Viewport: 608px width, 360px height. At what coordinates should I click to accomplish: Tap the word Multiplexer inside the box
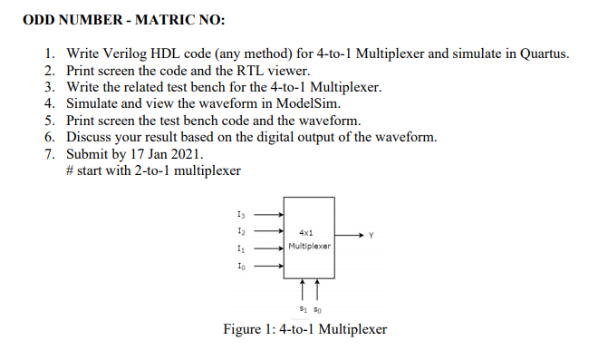[x=309, y=246]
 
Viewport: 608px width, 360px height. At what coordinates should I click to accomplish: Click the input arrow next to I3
[x=267, y=215]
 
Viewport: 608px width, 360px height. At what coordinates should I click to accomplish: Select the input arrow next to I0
[x=267, y=267]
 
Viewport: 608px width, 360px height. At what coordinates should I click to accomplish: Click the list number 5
[x=50, y=120]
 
